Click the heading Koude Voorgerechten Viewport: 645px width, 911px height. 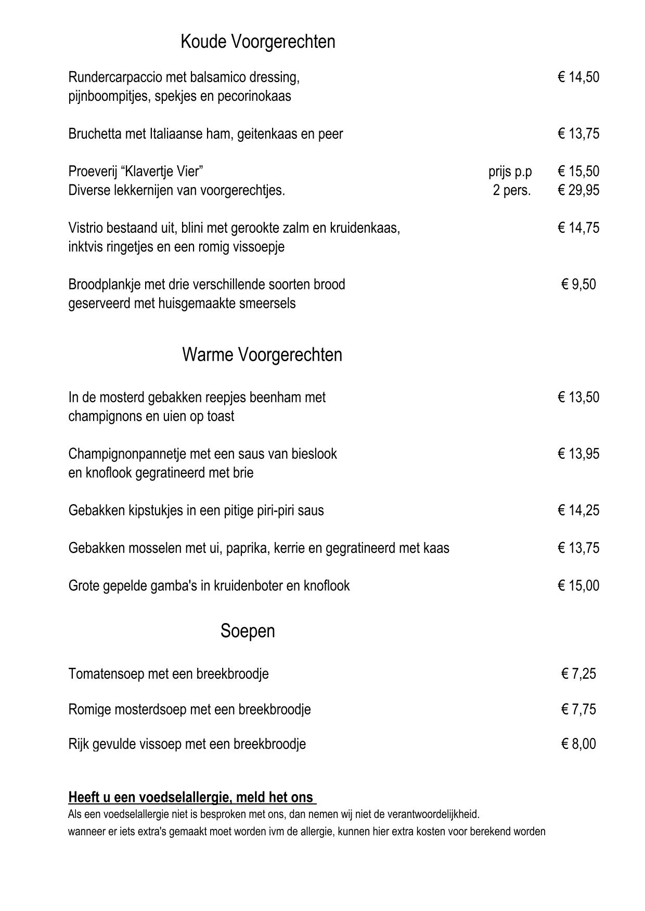point(257,42)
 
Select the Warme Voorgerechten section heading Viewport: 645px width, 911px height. point(262,355)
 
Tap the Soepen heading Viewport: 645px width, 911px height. point(248,631)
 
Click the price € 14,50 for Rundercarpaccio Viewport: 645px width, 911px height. point(578,77)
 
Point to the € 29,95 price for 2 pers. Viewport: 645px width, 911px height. point(578,190)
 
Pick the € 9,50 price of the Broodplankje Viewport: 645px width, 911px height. point(578,284)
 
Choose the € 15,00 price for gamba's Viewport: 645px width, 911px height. point(578,586)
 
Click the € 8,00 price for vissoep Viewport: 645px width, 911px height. point(578,744)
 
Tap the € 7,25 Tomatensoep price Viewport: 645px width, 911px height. point(578,674)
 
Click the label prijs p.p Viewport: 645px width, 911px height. point(510,171)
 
